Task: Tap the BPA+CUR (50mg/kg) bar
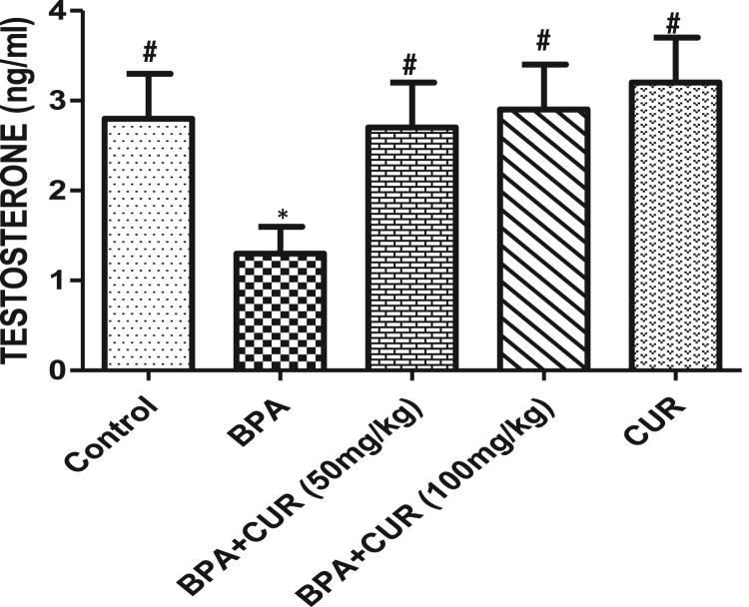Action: pos(409,249)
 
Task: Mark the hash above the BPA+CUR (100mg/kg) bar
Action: pos(543,42)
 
